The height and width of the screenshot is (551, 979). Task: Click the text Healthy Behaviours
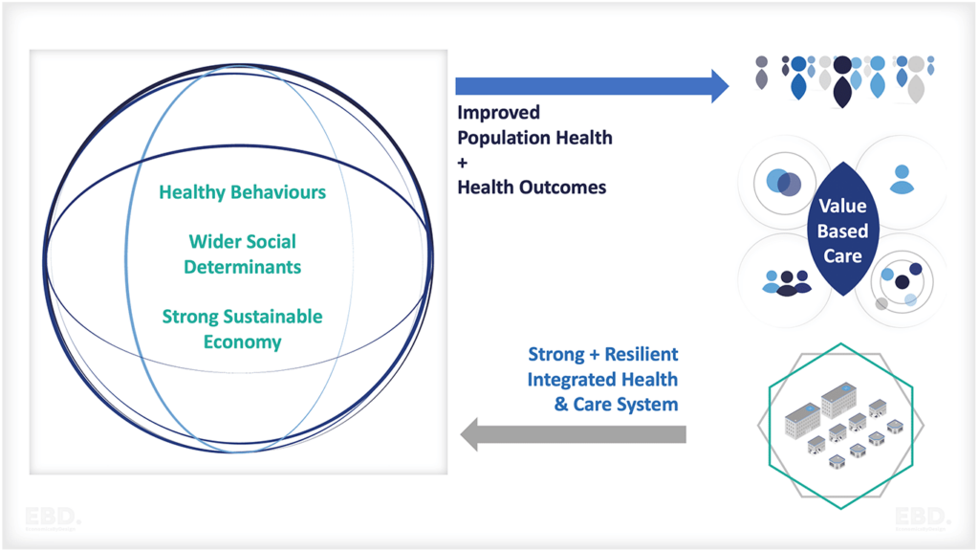pyautogui.click(x=242, y=192)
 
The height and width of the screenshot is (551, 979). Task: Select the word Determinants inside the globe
pyautogui.click(x=242, y=267)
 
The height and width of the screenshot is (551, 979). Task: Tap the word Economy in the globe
pyautogui.click(x=242, y=342)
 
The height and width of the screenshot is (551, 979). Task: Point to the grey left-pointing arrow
pyautogui.click(x=574, y=434)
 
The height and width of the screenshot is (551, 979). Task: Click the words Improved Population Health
pyautogui.click(x=534, y=125)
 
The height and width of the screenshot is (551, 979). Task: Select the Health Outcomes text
pyautogui.click(x=532, y=187)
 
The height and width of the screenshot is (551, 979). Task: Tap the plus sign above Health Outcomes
pyautogui.click(x=464, y=163)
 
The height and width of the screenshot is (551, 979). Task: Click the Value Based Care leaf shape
pyautogui.click(x=841, y=230)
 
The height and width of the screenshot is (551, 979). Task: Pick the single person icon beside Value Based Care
pyautogui.click(x=902, y=180)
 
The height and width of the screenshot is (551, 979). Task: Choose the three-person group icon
pyautogui.click(x=787, y=281)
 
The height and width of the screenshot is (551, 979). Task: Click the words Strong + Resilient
pyautogui.click(x=602, y=355)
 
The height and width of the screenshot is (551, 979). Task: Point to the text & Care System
pyautogui.click(x=616, y=405)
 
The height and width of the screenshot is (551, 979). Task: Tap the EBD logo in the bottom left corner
pyautogui.click(x=53, y=519)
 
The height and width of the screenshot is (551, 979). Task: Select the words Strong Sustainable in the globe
pyautogui.click(x=242, y=317)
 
